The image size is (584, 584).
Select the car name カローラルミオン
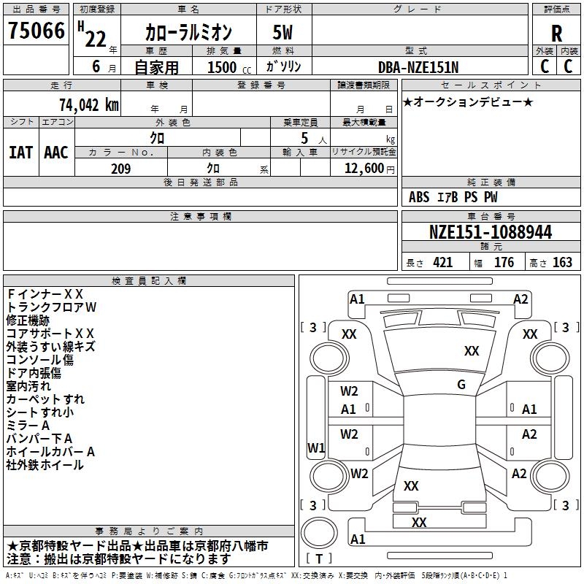[188, 33]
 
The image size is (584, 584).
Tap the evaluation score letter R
[556, 34]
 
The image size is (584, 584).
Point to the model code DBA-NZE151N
[418, 67]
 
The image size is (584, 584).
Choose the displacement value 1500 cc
[226, 67]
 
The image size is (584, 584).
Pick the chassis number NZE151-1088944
[490, 233]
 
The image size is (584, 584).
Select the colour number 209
[120, 169]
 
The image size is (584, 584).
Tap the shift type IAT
[20, 153]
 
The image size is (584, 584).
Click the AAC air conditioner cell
[56, 153]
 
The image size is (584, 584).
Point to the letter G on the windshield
[461, 385]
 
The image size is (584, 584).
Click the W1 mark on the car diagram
[316, 447]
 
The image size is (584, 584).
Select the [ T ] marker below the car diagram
[319, 558]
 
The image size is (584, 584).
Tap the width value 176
[504, 263]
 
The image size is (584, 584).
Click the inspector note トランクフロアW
[51, 307]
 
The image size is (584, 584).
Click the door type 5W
[283, 33]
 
